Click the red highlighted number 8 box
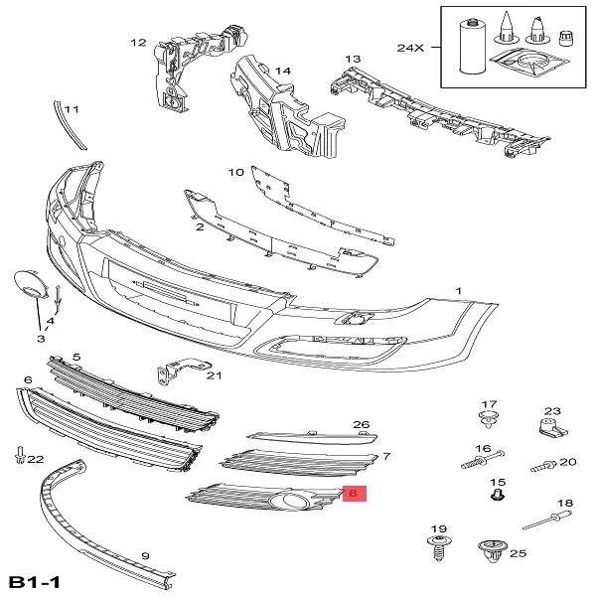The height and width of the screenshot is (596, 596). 355,494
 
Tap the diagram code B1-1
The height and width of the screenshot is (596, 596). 34,582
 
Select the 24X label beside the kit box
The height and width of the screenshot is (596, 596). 410,48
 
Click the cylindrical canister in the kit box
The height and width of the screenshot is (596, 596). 473,46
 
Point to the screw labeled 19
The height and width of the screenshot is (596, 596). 439,547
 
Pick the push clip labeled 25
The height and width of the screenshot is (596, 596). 493,550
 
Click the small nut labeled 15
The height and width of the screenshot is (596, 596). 498,495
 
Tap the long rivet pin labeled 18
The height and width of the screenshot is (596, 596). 546,521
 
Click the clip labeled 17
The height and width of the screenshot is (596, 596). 489,419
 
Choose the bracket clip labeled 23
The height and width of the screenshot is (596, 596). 552,427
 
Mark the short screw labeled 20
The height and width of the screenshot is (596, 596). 543,465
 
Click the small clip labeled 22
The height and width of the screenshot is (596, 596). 20,455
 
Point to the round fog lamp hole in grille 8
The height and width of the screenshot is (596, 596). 287,501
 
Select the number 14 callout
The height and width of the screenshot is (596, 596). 283,72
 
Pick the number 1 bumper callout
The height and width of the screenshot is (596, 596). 458,291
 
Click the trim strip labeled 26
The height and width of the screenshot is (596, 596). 312,437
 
